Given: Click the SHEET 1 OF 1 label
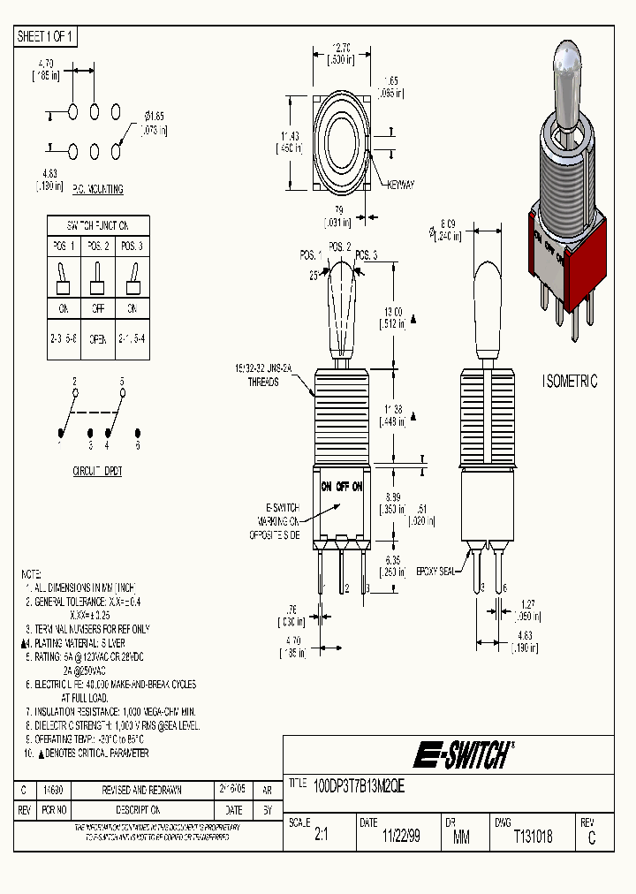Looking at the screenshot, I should pos(46,36).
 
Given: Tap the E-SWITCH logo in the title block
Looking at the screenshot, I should pos(462,755).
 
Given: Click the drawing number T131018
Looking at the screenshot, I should pos(533,837).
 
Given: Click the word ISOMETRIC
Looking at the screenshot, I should pos(570,382).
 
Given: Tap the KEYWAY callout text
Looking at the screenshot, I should pos(400,185).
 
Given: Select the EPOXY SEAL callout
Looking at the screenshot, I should pos(435,572).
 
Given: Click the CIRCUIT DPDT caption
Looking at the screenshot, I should pos(97,472).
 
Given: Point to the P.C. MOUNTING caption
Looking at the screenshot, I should pos(97,189).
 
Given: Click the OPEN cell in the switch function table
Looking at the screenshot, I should pos(98,337).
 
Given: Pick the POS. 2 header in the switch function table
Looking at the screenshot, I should pos(98,246).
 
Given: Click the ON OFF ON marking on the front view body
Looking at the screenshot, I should pos(341,487).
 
